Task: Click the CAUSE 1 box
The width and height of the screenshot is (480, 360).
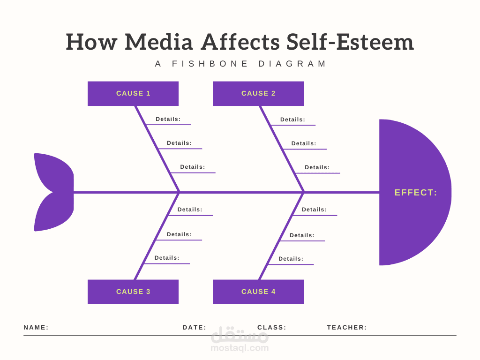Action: pos(133,93)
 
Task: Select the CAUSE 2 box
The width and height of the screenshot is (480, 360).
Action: pos(258,93)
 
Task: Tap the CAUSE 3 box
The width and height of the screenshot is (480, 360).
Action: pos(133,292)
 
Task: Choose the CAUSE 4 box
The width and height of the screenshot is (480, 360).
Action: pos(258,292)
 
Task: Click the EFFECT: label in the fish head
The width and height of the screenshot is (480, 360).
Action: pos(415,193)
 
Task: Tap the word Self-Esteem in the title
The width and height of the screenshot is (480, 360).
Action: pos(350,42)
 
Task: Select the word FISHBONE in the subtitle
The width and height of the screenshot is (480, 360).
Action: pos(210,64)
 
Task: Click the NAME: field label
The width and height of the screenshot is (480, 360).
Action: pos(36,328)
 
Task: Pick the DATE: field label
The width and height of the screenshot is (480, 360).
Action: pos(195,328)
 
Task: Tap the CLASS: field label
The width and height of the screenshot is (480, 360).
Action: pos(272,328)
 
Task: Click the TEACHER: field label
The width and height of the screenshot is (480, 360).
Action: pos(347,328)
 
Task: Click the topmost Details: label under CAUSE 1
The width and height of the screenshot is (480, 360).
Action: pos(168,119)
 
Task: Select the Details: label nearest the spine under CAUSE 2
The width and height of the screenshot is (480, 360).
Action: pos(317,167)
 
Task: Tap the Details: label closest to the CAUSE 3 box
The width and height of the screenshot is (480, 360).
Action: pos(167,258)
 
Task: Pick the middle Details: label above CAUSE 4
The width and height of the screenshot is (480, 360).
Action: pos(302,235)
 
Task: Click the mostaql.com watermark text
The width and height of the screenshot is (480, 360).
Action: pos(240,348)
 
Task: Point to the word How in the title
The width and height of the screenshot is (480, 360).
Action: pos(91,42)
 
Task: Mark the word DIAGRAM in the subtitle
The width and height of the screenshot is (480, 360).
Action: pos(292,64)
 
